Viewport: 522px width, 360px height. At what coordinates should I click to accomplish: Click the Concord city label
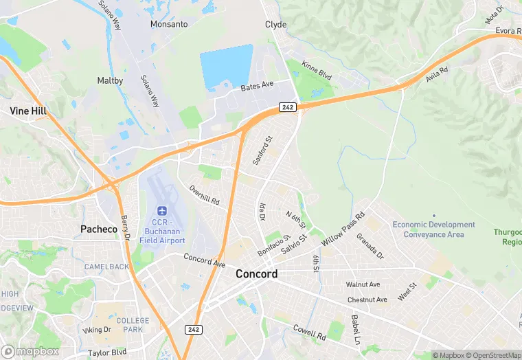[x=256, y=273]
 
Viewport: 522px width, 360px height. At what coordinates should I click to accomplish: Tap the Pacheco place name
[x=99, y=229]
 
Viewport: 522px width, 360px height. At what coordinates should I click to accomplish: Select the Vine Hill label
[x=27, y=110]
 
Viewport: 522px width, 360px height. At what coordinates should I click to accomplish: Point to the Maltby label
[x=110, y=80]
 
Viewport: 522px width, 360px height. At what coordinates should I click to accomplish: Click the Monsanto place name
[x=169, y=24]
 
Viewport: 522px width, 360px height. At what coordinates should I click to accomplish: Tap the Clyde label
[x=275, y=24]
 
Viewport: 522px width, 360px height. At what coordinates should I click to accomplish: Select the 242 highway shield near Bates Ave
[x=287, y=106]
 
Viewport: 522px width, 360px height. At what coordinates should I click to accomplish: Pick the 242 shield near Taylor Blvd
[x=193, y=330]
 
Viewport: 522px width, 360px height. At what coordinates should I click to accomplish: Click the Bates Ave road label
[x=257, y=87]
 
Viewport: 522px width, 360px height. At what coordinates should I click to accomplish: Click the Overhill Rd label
[x=204, y=196]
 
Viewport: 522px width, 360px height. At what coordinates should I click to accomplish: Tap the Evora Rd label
[x=509, y=31]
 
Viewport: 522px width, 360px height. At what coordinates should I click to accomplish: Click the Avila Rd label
[x=437, y=74]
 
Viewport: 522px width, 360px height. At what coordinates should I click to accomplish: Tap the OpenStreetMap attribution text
[x=492, y=355]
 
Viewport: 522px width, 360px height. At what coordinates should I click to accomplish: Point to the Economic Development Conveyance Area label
[x=433, y=229]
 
